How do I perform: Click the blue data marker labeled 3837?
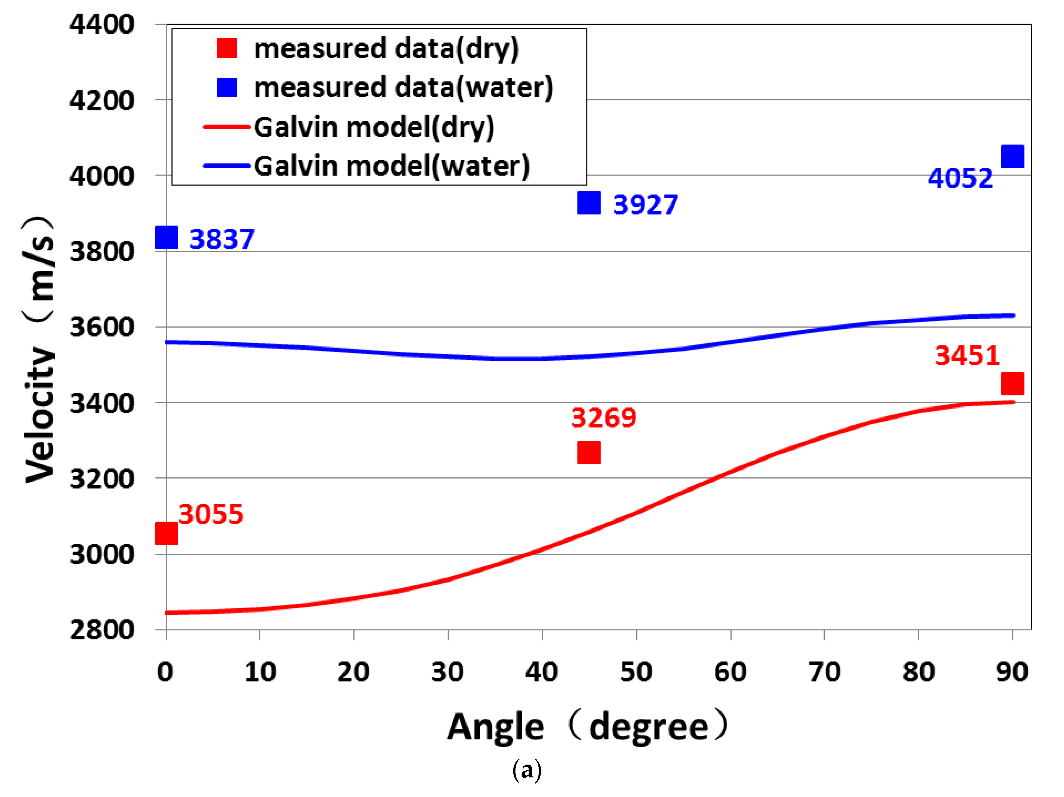[166, 238]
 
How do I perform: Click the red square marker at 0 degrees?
[166, 533]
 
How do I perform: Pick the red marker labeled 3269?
[589, 452]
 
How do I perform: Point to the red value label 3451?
[967, 356]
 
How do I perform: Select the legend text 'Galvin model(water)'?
[391, 166]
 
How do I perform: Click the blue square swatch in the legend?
[226, 88]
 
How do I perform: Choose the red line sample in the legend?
[226, 127]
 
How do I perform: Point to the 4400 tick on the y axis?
[101, 24]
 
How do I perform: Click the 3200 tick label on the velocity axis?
[101, 479]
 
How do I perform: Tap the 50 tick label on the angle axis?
[636, 672]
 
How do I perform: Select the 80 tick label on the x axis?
[918, 672]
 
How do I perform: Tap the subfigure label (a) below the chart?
[527, 771]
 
